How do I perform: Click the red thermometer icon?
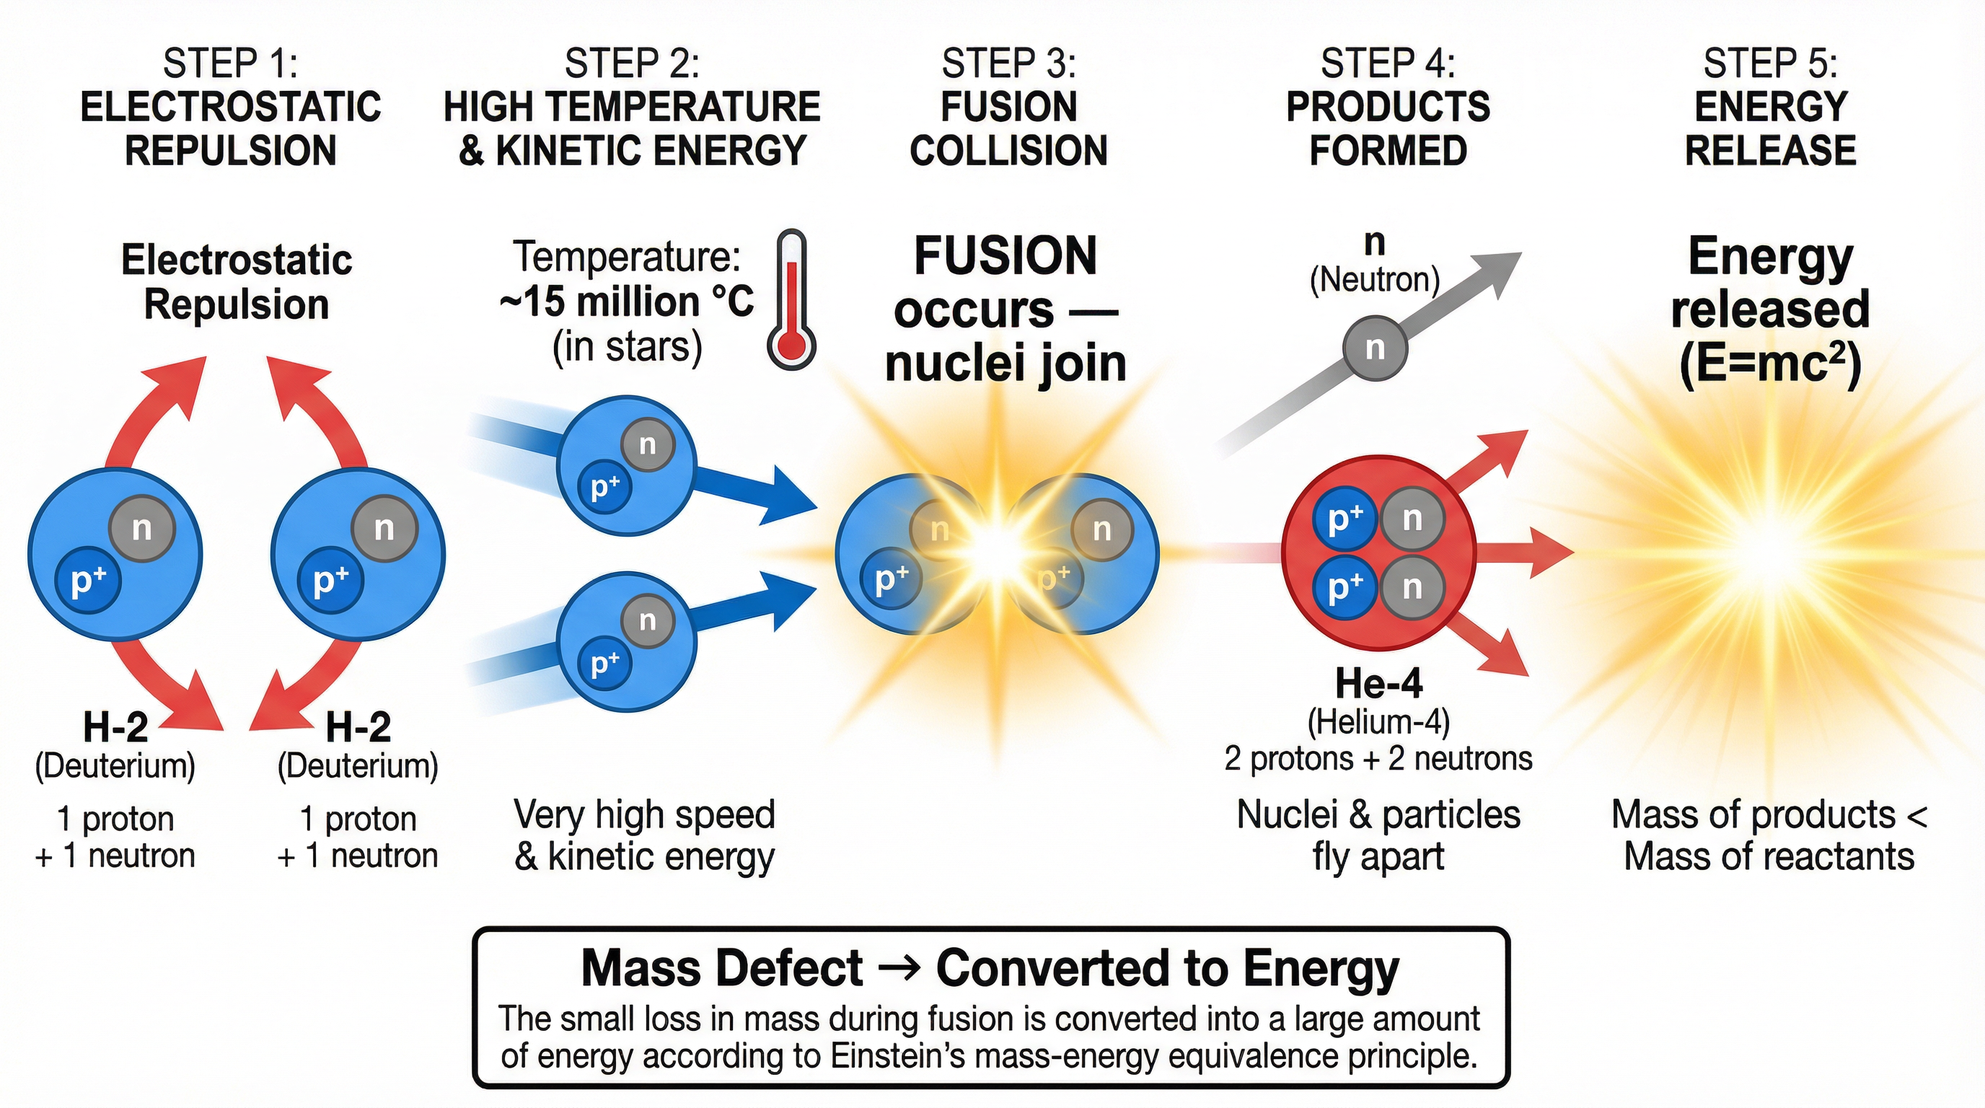tap(791, 301)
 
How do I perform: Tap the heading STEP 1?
tap(229, 63)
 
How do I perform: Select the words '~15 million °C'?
tap(625, 302)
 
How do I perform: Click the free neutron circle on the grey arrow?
tap(1375, 348)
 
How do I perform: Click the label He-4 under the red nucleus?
tap(1378, 683)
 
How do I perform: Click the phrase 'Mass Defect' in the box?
tap(721, 969)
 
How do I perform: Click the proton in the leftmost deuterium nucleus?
tap(88, 581)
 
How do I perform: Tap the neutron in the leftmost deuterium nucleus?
tap(142, 529)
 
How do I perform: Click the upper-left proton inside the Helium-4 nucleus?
tap(1344, 519)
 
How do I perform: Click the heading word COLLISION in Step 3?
tap(1008, 150)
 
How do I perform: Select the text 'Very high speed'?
tap(644, 814)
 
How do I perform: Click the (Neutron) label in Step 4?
tap(1375, 280)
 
